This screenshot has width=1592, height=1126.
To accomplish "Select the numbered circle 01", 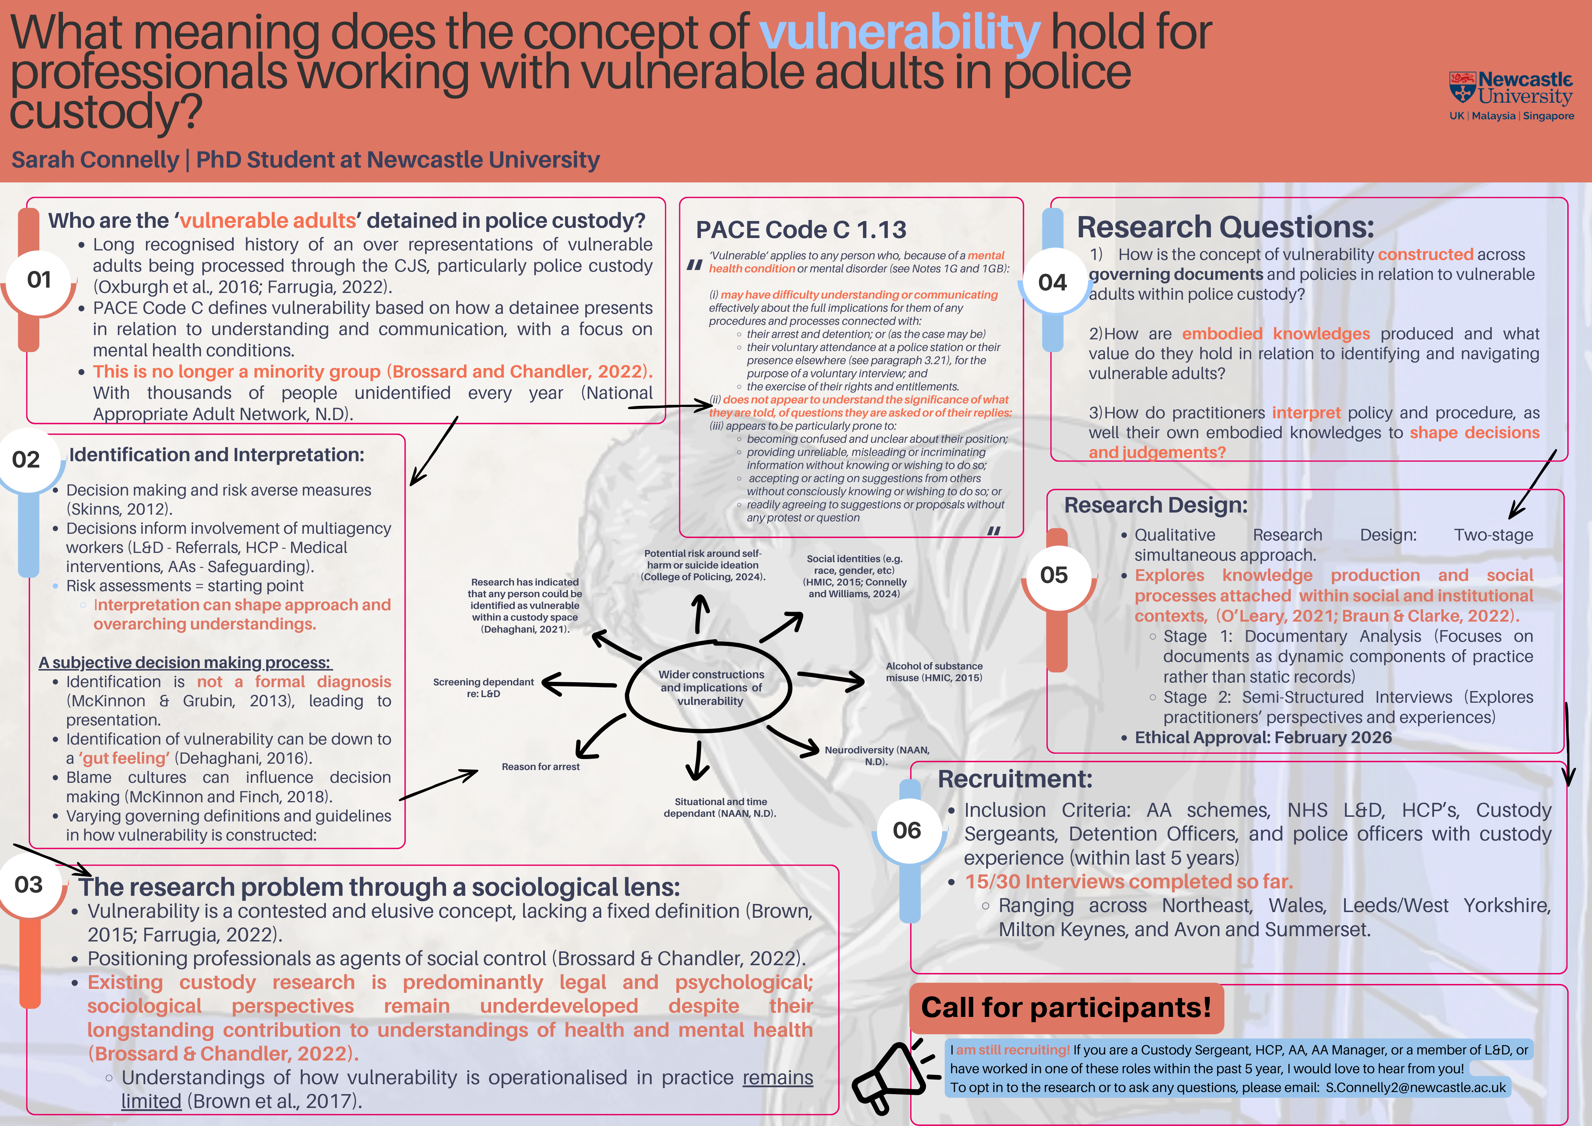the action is [39, 279].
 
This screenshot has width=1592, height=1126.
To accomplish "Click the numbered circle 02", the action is [26, 459].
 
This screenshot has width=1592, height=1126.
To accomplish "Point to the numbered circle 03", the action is [28, 885].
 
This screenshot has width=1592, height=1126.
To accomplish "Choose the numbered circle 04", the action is [1052, 282].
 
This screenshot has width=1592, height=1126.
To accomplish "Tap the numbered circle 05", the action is [1054, 575].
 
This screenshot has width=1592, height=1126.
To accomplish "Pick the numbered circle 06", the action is [907, 830].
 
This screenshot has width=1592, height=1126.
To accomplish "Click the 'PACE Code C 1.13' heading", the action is [801, 230].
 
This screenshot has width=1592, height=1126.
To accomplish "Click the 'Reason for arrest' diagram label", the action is [541, 766].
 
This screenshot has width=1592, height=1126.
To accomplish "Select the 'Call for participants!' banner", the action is [1066, 1007].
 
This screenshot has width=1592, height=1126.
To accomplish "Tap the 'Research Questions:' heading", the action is [1225, 227].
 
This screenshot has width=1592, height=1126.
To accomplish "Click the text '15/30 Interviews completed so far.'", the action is [1129, 881].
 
